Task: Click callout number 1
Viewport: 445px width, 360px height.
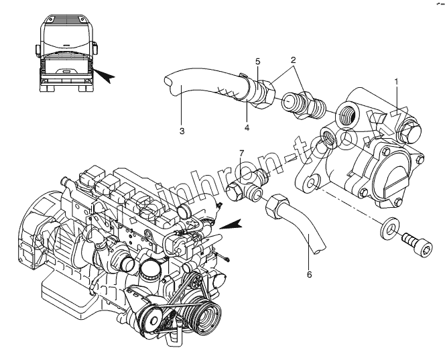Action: (396, 81)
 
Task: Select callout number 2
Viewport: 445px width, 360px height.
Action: (292, 60)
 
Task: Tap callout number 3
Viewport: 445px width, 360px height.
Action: (182, 131)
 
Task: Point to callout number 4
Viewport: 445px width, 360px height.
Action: (247, 127)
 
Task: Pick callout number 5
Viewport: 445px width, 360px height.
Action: (257, 62)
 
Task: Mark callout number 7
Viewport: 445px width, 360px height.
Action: (242, 154)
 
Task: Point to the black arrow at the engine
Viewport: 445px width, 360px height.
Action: (232, 225)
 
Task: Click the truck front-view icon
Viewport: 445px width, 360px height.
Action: (66, 54)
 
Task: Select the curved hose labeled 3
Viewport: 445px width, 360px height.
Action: (201, 84)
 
